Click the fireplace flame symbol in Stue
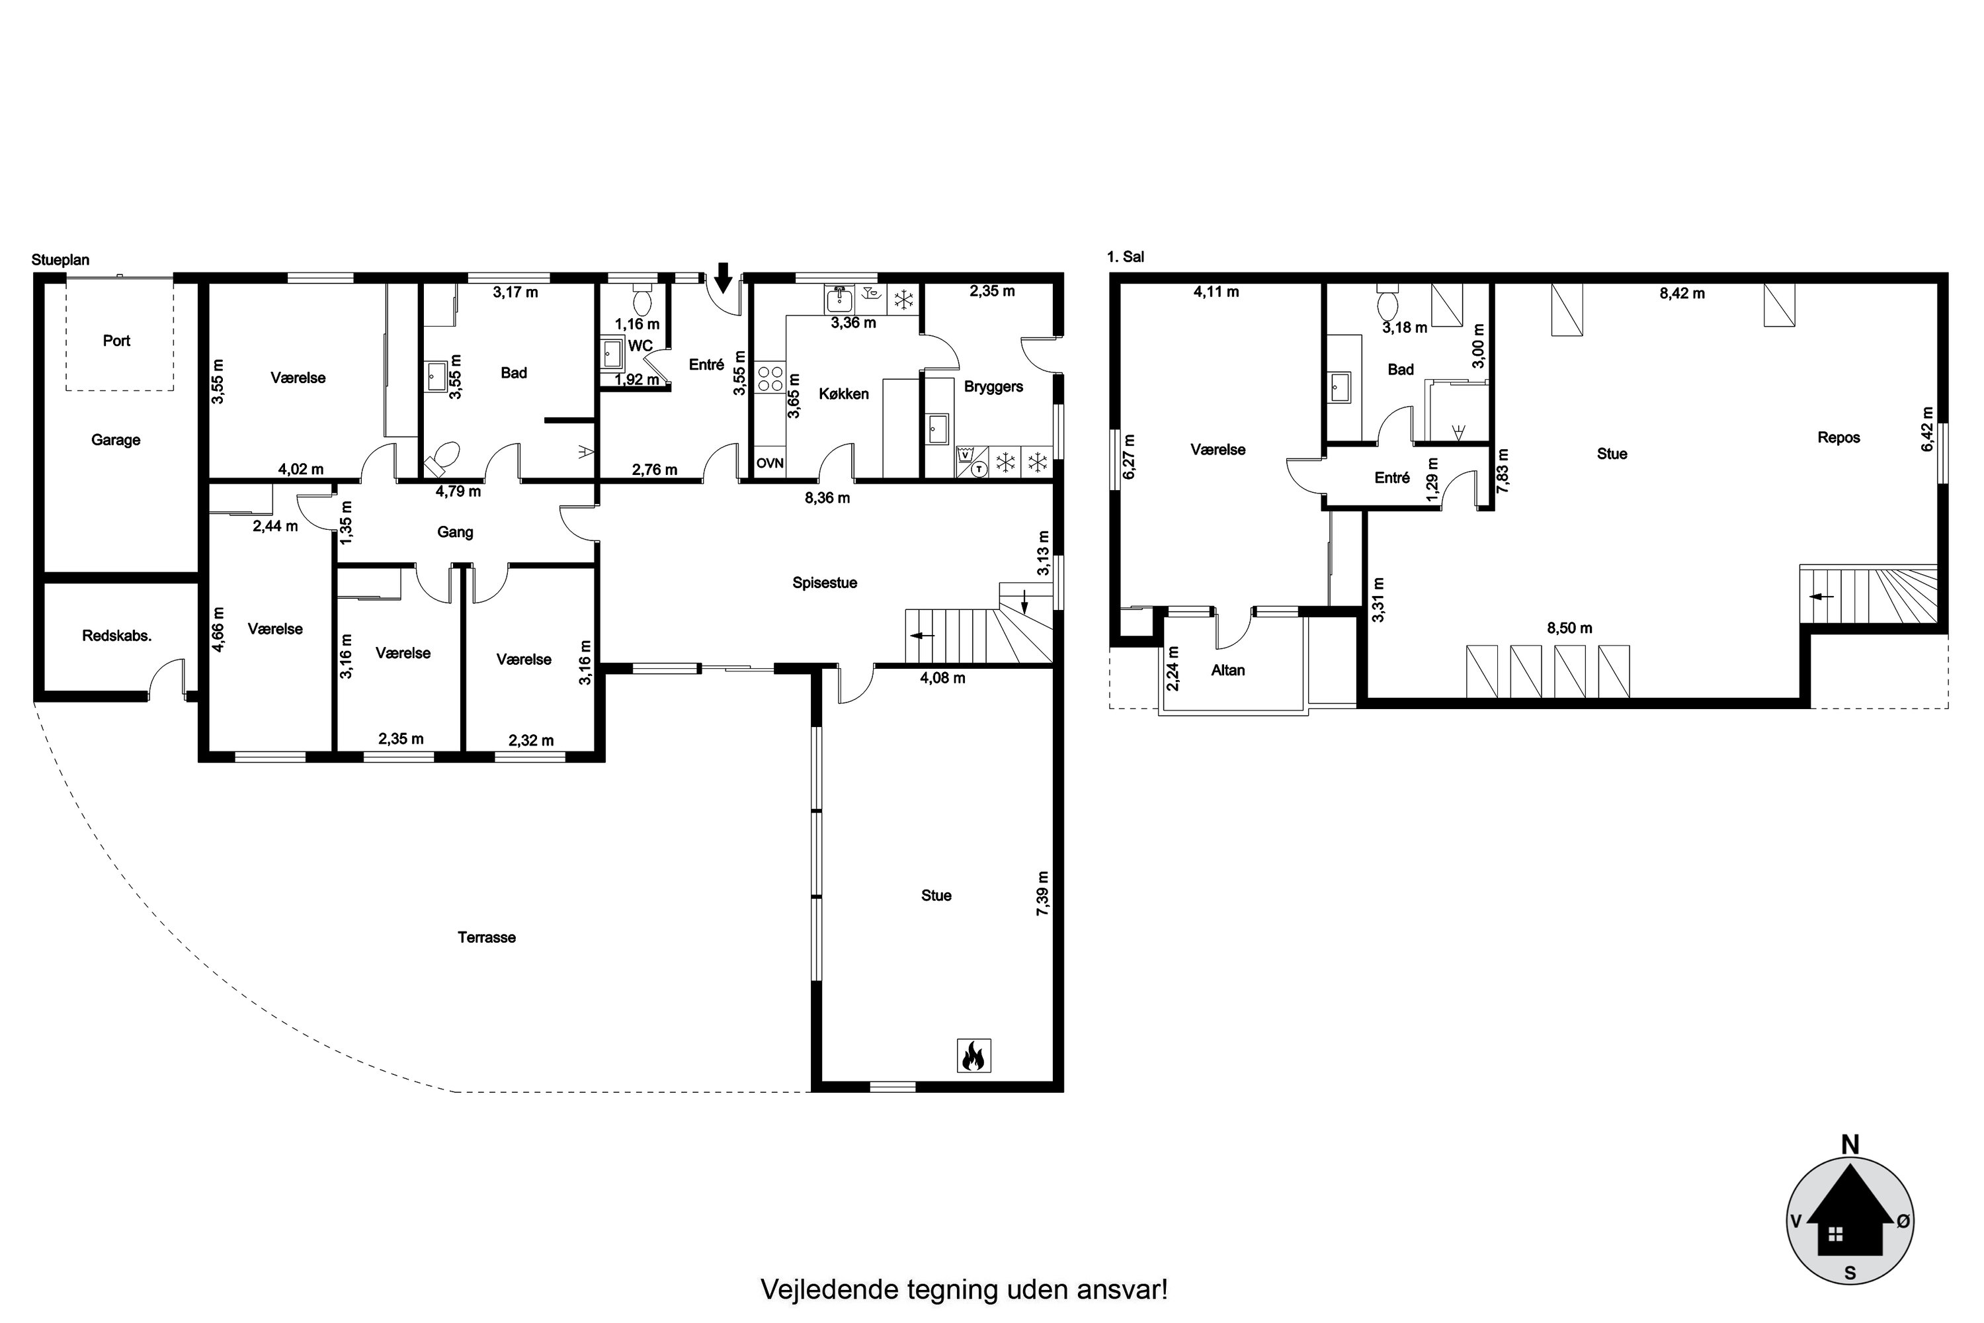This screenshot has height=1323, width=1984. [x=973, y=1056]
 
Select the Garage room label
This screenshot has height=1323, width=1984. [x=116, y=440]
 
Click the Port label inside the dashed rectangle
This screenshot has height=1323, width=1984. [x=116, y=341]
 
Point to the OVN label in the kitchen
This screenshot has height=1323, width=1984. [x=769, y=463]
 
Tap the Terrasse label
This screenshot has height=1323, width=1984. [x=487, y=937]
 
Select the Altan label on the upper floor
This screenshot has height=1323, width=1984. [x=1227, y=671]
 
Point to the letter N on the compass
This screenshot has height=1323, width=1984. [x=1850, y=1145]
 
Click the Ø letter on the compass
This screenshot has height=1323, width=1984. [x=1904, y=1221]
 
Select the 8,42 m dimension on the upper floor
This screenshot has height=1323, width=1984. [x=1682, y=294]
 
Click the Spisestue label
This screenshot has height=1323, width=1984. [x=824, y=583]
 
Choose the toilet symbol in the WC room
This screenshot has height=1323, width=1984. [x=642, y=301]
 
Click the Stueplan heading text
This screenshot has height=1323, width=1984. [x=60, y=260]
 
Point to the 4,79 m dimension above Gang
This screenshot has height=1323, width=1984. [x=458, y=491]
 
